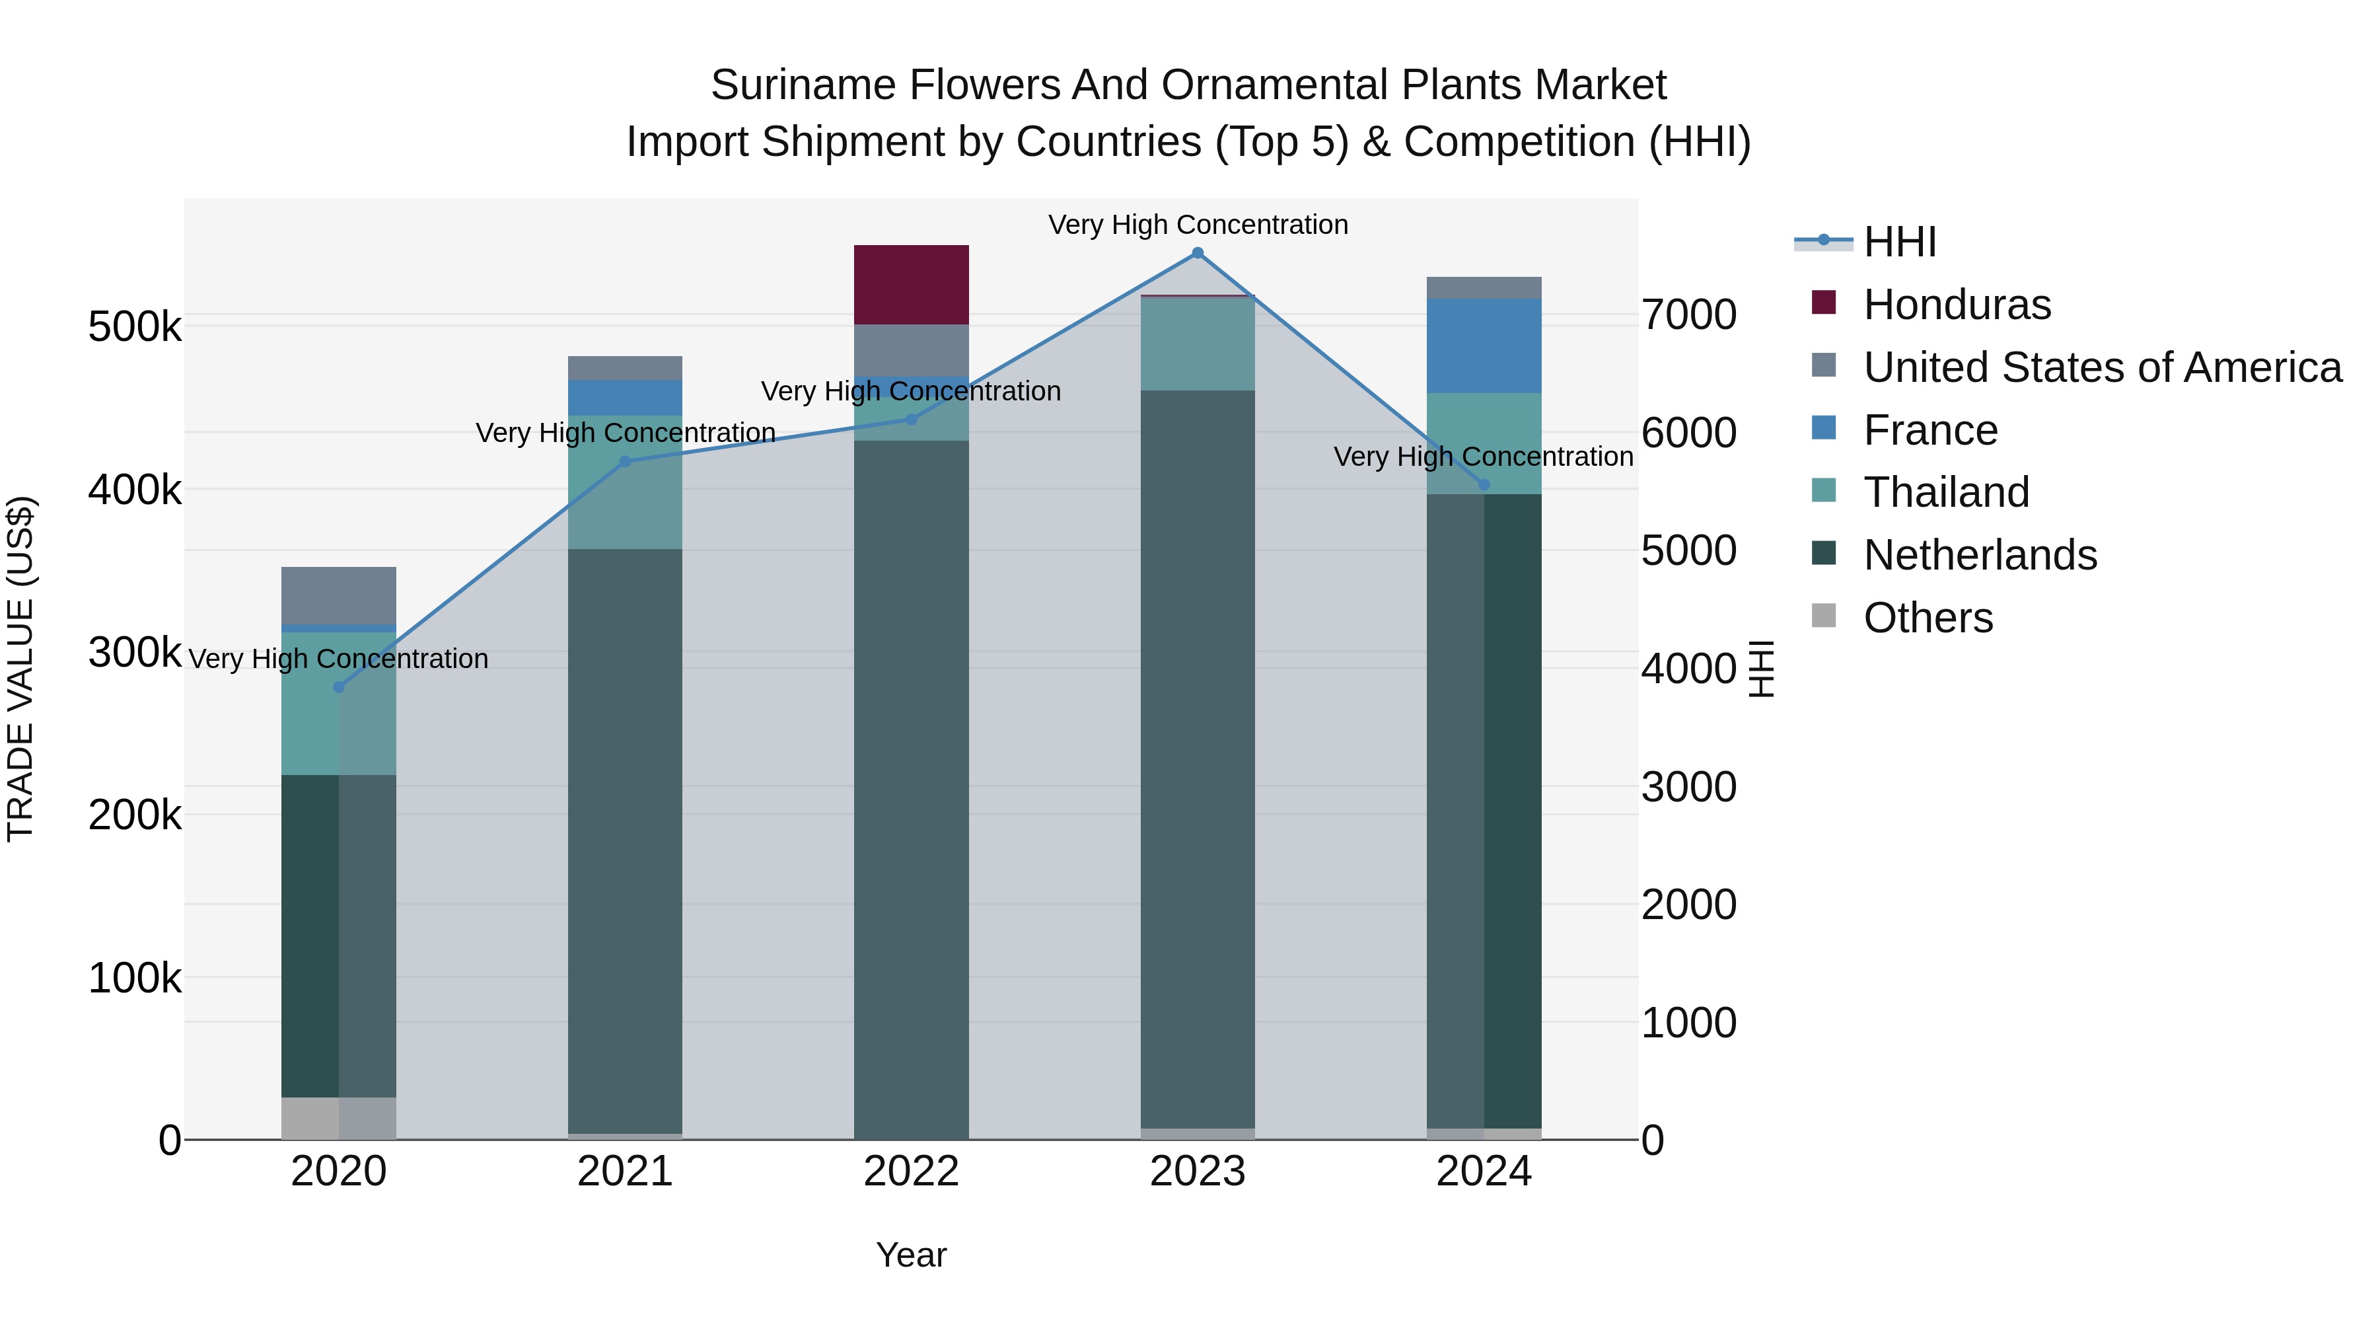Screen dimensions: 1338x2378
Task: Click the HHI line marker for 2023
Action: [1198, 253]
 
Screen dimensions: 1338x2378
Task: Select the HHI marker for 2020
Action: [339, 687]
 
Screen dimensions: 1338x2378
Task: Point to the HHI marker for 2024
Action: [1484, 485]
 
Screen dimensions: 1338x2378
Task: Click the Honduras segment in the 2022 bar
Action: [911, 284]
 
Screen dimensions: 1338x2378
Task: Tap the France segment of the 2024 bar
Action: [1484, 346]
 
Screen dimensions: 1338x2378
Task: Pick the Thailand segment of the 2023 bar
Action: [1198, 344]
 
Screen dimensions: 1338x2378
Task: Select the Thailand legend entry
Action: [1946, 492]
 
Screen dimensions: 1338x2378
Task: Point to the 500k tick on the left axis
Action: [135, 327]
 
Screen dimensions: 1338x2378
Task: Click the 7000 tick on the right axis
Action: [1688, 315]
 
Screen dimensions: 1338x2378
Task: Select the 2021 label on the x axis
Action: [625, 1171]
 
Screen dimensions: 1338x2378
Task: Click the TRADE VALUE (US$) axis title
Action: [20, 669]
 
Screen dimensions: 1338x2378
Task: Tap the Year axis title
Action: [911, 1255]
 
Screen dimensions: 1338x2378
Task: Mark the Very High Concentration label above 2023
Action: [1198, 225]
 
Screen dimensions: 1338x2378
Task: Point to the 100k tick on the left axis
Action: [135, 978]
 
